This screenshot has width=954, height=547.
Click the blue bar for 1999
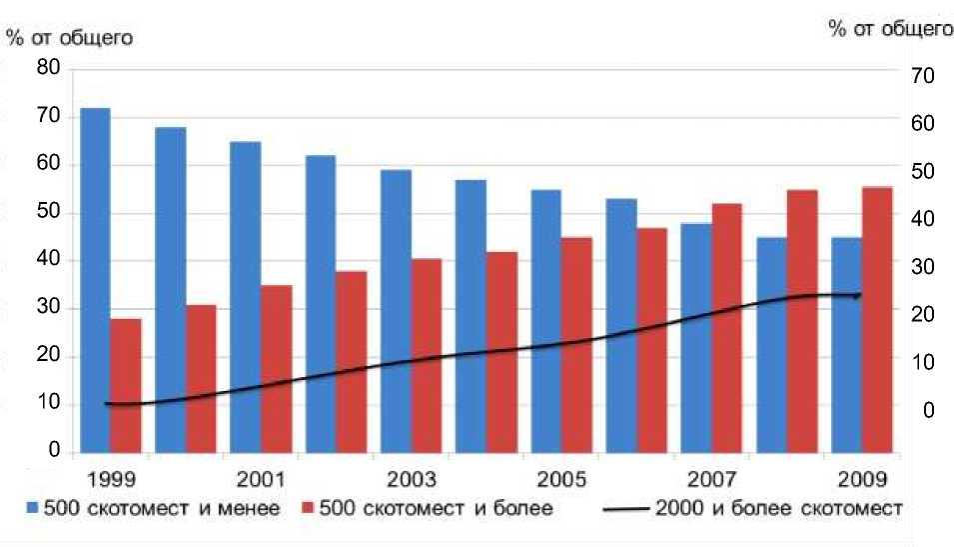click(95, 280)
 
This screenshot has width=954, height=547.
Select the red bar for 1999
click(126, 385)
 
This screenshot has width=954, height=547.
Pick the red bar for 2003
click(427, 355)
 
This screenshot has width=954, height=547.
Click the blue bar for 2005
click(545, 321)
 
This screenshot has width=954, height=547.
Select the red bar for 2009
click(877, 319)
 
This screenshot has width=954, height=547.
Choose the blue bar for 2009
click(846, 344)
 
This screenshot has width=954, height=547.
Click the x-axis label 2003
click(411, 478)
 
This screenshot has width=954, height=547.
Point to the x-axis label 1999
click(111, 478)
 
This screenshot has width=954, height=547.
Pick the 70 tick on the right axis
click(922, 76)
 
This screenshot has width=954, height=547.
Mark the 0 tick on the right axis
click(928, 410)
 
